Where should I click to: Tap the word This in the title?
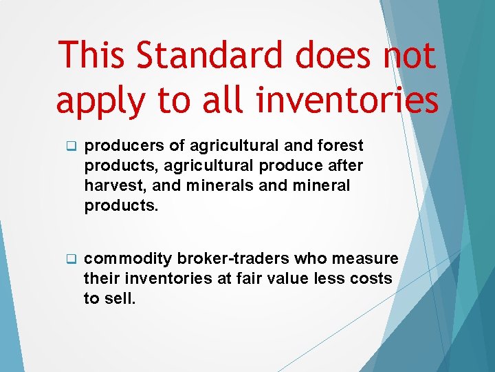[x=93, y=55]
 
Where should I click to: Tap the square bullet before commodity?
[x=69, y=260]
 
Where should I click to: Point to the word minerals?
[x=207, y=186]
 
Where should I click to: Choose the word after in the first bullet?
[x=344, y=166]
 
